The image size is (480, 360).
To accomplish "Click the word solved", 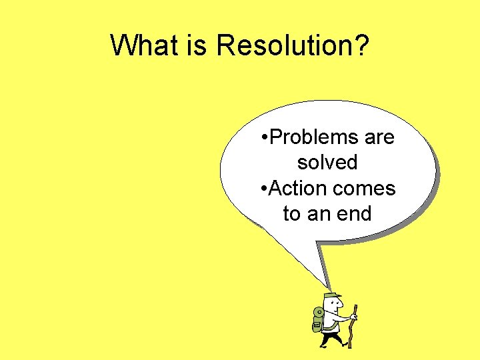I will coord(327,163).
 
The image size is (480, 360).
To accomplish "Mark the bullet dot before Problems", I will coord(265,138).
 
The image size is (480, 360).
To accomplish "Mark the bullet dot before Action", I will coord(265,189).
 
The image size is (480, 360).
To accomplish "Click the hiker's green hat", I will coord(332,295).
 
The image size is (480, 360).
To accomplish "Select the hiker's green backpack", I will coord(319,319).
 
